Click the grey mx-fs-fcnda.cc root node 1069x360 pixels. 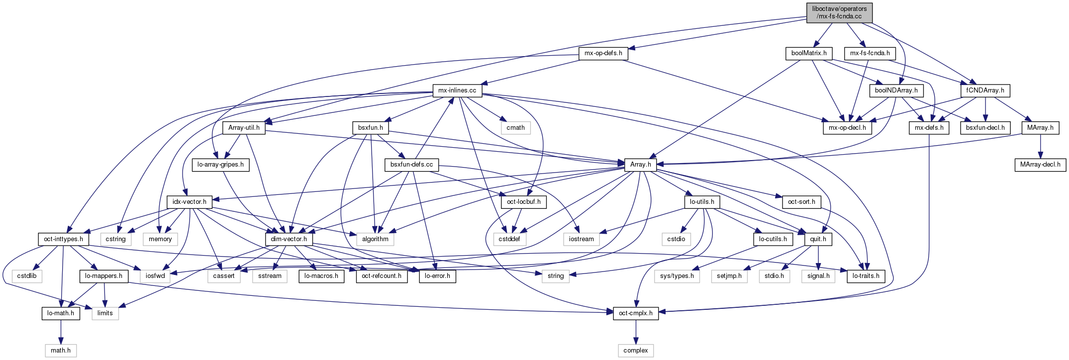tap(839, 12)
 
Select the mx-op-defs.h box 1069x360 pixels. tap(603, 53)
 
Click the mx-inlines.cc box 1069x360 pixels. tap(457, 90)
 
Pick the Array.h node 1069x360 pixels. tap(640, 164)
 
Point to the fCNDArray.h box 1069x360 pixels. tap(985, 90)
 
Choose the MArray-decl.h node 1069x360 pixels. tap(1040, 164)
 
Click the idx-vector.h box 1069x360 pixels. tap(190, 202)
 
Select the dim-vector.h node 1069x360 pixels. tap(289, 239)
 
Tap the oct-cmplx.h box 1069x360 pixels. tap(636, 313)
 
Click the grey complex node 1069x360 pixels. tap(636, 351)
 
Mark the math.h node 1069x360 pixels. tap(61, 351)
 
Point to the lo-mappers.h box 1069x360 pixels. tap(104, 276)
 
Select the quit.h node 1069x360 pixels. tap(818, 239)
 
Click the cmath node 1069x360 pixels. tap(515, 127)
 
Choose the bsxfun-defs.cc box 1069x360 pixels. tap(411, 164)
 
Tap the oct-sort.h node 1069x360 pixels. tap(801, 202)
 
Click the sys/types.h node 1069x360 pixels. tap(677, 276)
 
